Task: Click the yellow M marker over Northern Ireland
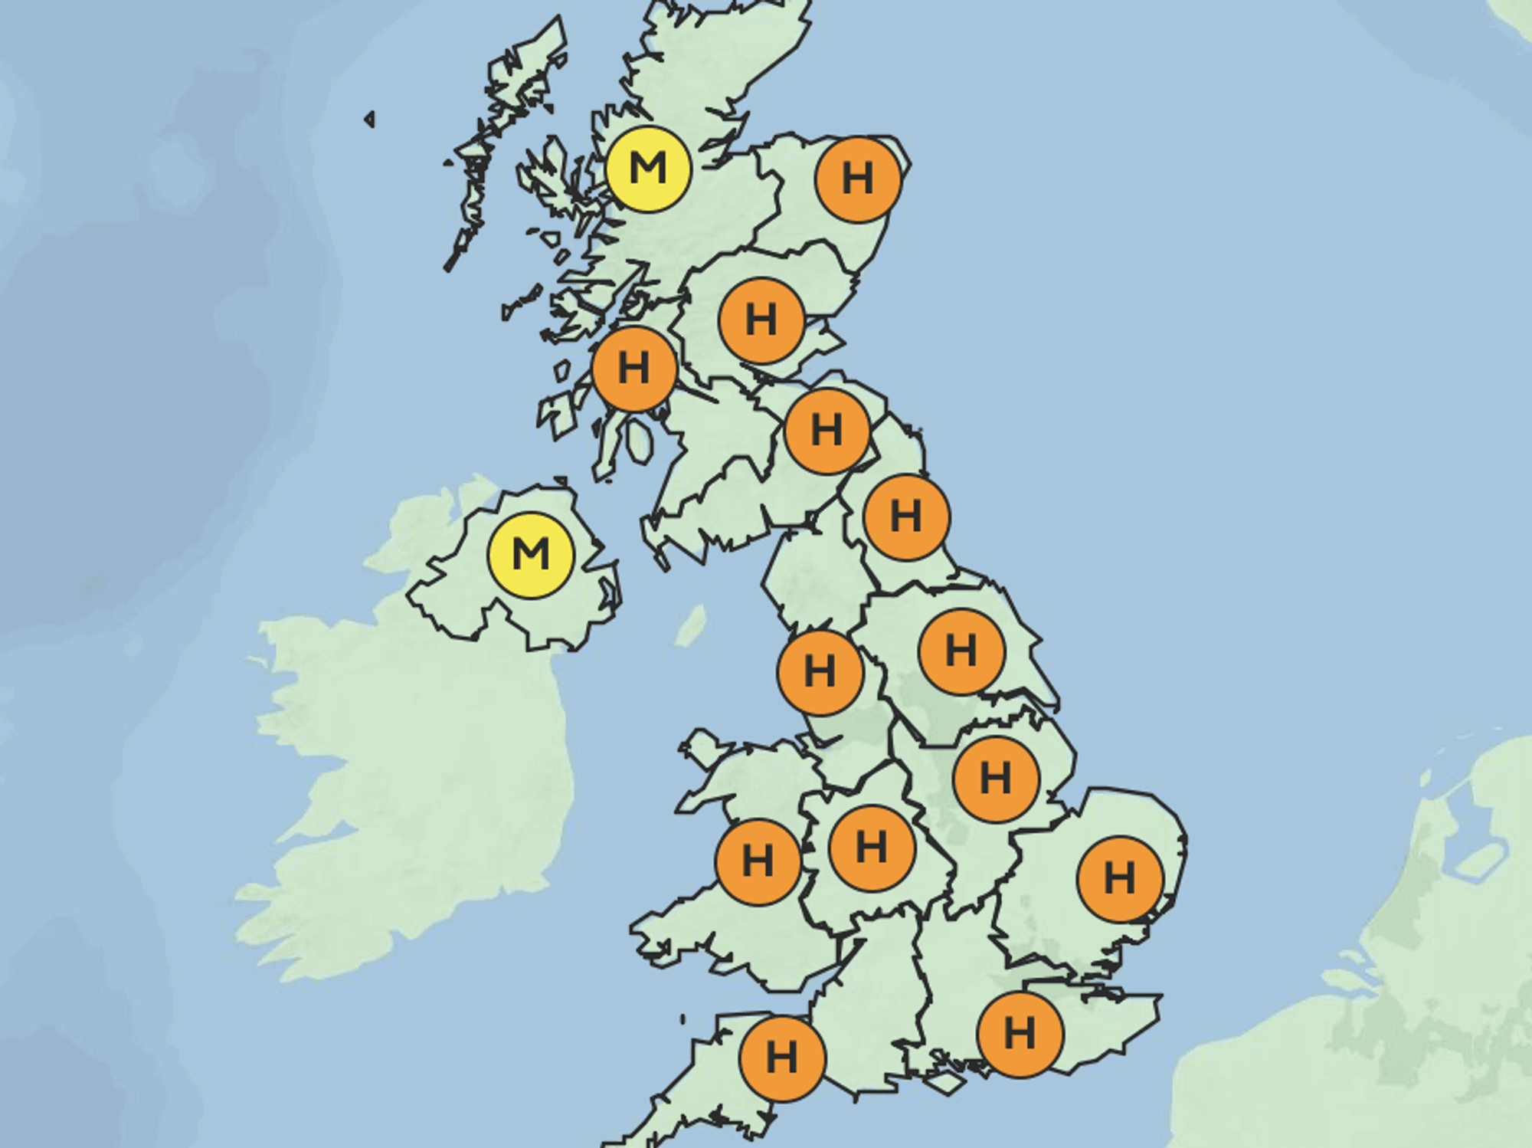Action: pos(531,555)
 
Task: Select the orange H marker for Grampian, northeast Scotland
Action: pos(858,179)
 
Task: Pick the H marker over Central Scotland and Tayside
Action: pos(761,320)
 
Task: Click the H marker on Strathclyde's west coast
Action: pos(634,369)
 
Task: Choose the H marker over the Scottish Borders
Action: pos(827,431)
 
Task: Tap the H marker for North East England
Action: pos(906,517)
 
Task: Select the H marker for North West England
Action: pos(820,672)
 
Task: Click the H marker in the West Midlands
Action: pos(872,848)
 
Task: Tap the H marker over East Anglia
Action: pos(1119,878)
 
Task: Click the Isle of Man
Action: pos(691,627)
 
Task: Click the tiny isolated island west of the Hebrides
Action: pos(370,119)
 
